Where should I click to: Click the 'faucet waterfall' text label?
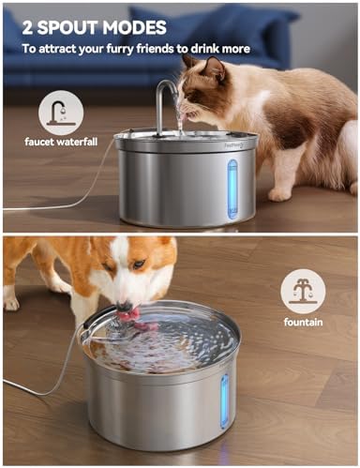[x=60, y=142]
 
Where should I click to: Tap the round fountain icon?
[x=303, y=291]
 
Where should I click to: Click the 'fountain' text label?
[x=303, y=321]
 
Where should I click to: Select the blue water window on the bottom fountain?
[x=224, y=401]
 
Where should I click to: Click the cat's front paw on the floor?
[x=279, y=194]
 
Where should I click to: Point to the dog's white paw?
[x=11, y=302]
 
